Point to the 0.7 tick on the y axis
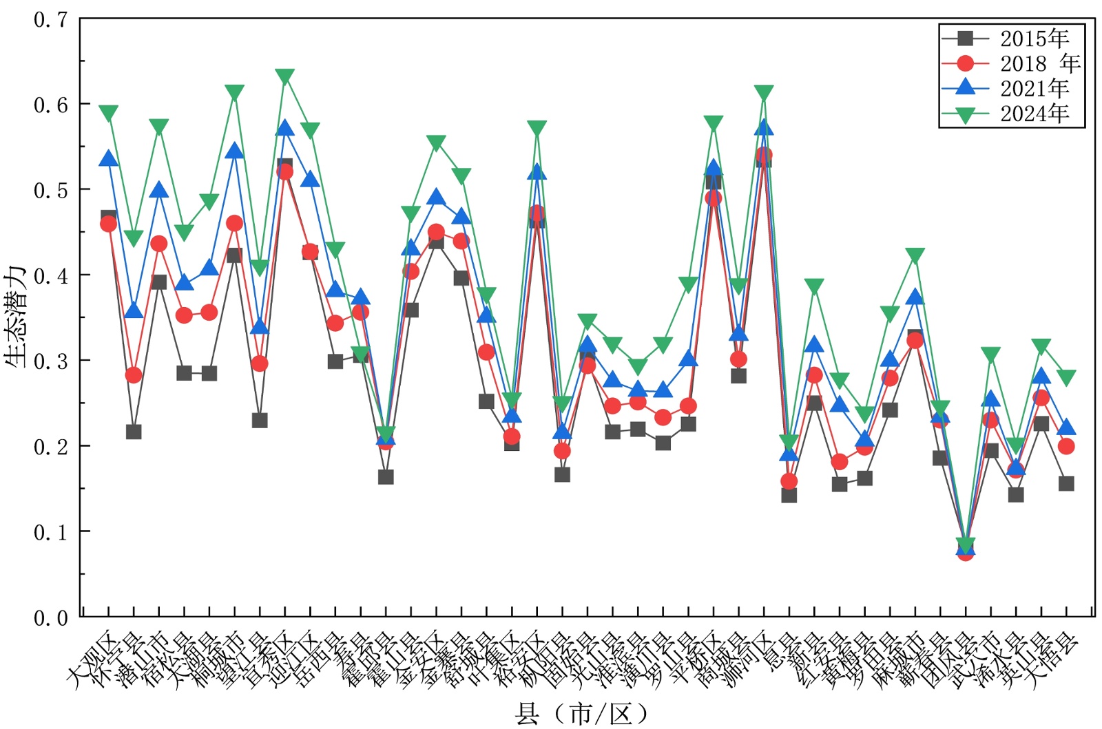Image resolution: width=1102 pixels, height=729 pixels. click(x=51, y=19)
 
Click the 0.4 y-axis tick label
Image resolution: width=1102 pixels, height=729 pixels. click(x=51, y=276)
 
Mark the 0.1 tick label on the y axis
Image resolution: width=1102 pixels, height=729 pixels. click(x=51, y=532)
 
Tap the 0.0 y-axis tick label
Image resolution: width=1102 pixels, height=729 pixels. click(x=51, y=618)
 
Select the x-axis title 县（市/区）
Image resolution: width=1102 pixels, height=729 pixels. click(x=582, y=714)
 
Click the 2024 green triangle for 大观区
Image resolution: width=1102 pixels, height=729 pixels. click(x=108, y=113)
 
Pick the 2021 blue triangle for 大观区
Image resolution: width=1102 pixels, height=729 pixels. click(x=108, y=159)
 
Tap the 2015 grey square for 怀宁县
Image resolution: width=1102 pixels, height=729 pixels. click(x=134, y=432)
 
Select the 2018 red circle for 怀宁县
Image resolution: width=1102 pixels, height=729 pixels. click(x=134, y=375)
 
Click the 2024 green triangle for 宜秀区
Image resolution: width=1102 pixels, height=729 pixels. click(x=284, y=76)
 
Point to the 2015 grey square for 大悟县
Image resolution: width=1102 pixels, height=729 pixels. click(x=1066, y=484)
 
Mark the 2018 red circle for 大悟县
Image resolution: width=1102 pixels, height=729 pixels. click(x=1066, y=446)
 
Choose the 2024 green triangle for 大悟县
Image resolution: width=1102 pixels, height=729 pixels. click(x=1066, y=378)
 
